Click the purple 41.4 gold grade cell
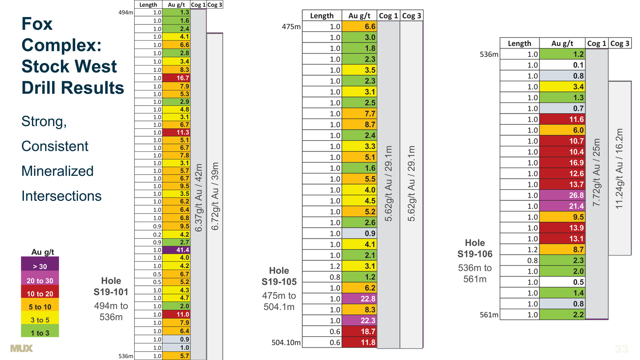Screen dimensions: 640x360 pyautogui.click(x=176, y=250)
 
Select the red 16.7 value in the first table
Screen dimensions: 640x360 pyautogui.click(x=176, y=78)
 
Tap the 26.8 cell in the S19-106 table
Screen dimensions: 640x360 pyautogui.click(x=562, y=195)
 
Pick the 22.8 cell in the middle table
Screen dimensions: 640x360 pyautogui.click(x=359, y=299)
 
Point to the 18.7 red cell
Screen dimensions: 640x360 pyautogui.click(x=359, y=331)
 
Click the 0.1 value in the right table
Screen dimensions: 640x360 pyautogui.click(x=562, y=65)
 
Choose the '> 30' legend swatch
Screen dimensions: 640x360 pyautogui.click(x=40, y=264)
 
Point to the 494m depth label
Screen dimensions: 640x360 pyautogui.click(x=126, y=12)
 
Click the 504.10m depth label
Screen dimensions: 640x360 pyautogui.click(x=286, y=342)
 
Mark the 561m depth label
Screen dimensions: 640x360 pyautogui.click(x=489, y=315)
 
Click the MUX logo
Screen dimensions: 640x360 pyautogui.click(x=21, y=348)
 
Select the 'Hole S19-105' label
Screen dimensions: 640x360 pyautogui.click(x=279, y=276)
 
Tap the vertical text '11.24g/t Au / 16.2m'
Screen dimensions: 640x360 pyautogui.click(x=619, y=168)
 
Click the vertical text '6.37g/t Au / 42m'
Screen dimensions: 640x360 pyautogui.click(x=198, y=198)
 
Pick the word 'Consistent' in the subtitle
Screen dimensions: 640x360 pyautogui.click(x=55, y=146)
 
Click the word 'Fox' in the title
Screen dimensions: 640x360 pyautogui.click(x=37, y=24)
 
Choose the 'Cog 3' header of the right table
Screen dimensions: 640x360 pyautogui.click(x=620, y=43)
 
